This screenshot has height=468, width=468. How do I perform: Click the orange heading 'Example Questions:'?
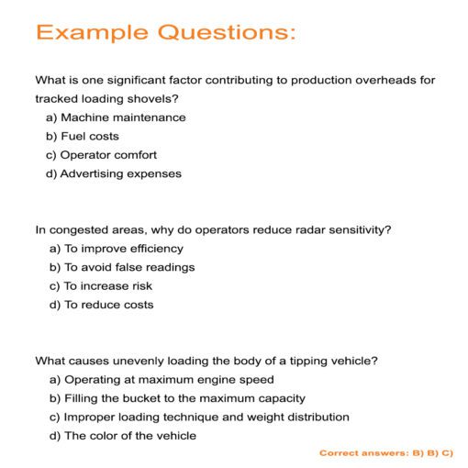pos(166,33)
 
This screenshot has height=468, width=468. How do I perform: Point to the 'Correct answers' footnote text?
pos(386,453)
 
